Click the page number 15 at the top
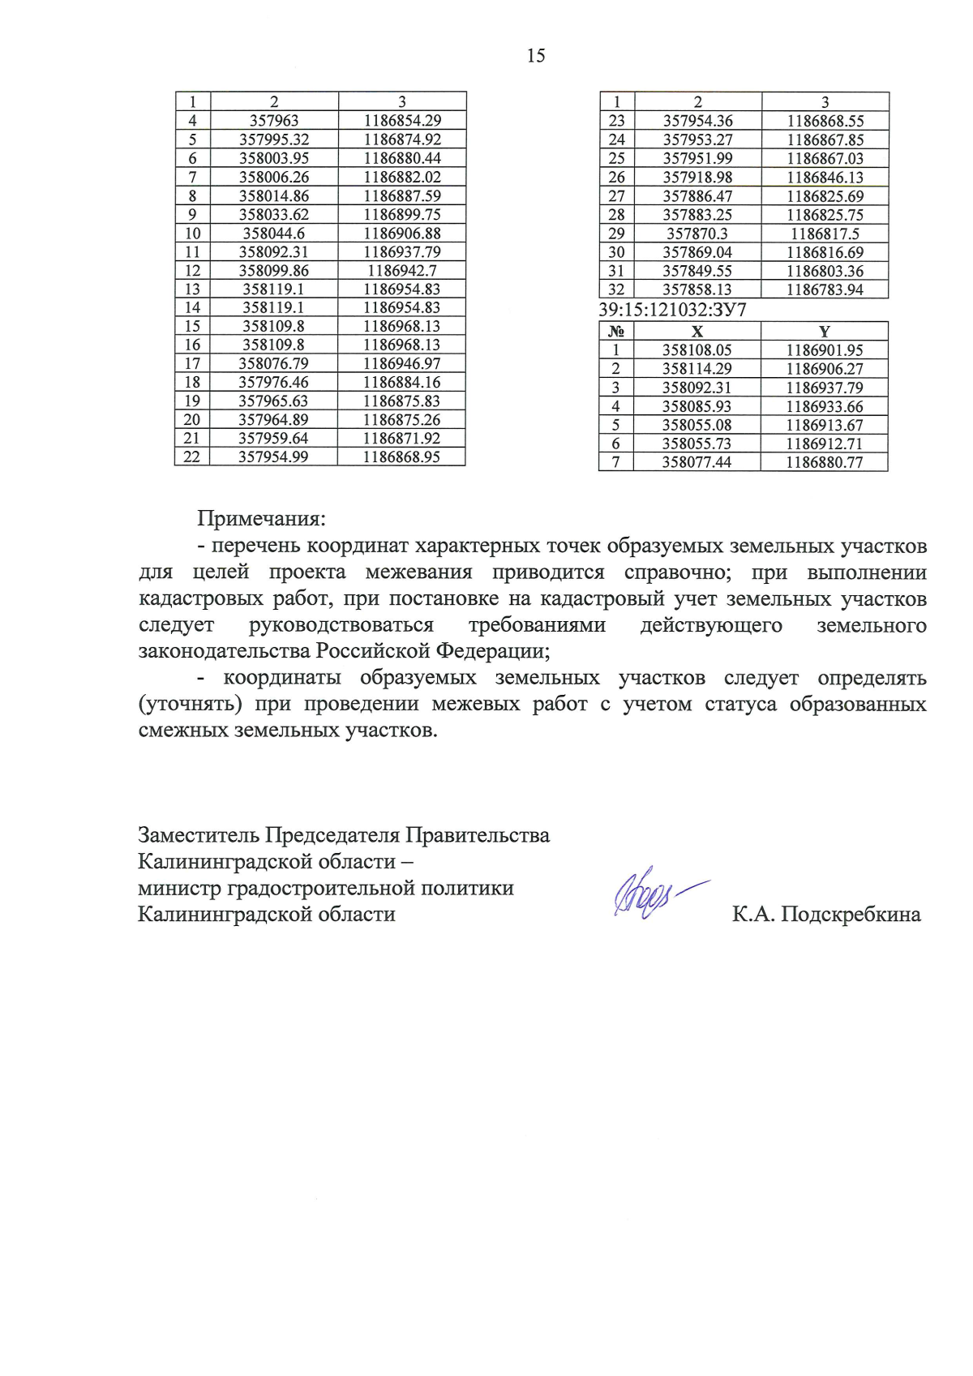[536, 56]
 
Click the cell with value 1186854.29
[402, 121]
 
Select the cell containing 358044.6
[274, 233]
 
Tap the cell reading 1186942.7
[402, 270]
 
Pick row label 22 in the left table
[192, 457]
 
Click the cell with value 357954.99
[273, 457]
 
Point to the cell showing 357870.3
[697, 234]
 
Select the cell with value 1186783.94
[825, 289]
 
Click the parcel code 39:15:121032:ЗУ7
[672, 310]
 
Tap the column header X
[697, 332]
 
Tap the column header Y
[825, 332]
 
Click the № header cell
[616, 332]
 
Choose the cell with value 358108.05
[697, 350]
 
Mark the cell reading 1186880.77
[825, 462]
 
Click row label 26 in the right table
[616, 178]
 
